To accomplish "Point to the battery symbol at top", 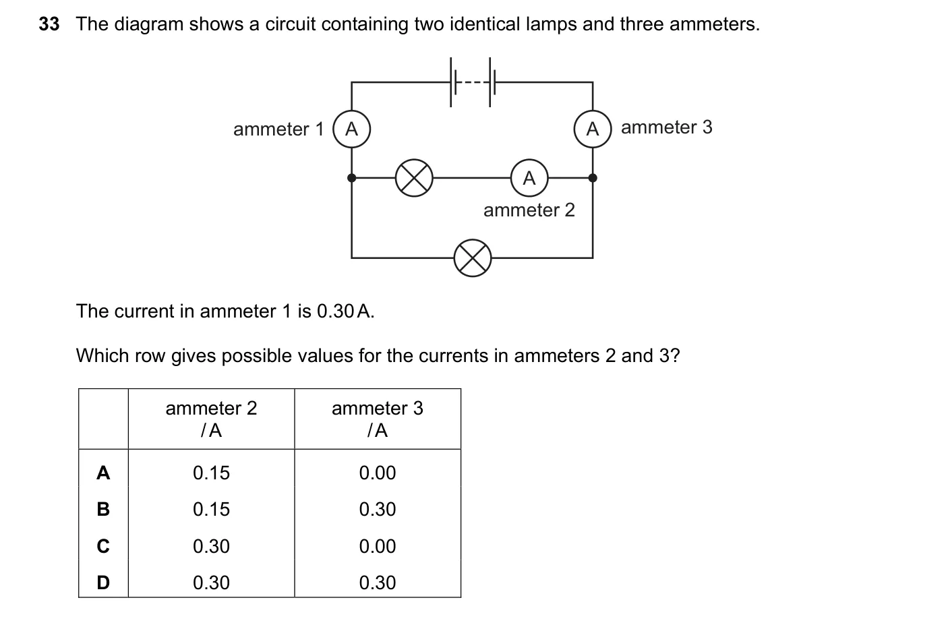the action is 473,82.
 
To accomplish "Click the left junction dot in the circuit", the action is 351,178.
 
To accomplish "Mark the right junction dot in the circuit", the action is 593,178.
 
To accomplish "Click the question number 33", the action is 49,24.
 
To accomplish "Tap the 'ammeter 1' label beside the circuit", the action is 278,129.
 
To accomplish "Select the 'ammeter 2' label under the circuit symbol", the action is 529,210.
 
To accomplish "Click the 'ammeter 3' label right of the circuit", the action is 666,127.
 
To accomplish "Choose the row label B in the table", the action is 103,509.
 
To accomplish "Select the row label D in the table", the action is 103,582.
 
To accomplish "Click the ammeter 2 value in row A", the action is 211,473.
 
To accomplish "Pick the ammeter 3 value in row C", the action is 378,546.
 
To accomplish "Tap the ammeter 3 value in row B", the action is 378,509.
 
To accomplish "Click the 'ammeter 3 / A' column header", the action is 378,419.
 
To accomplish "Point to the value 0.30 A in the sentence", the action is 345,311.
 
